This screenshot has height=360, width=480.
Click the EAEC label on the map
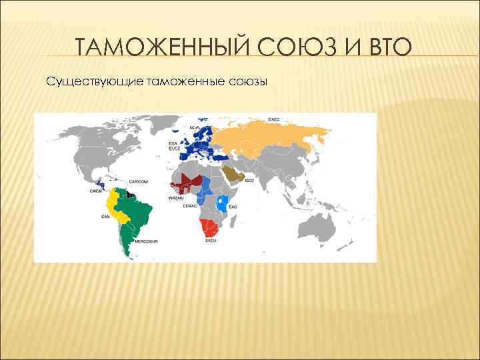pos(273,119)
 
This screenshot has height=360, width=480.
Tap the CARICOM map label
pos(138,181)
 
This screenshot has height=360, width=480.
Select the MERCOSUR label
pos(145,242)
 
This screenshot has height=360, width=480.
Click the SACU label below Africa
pos(211,240)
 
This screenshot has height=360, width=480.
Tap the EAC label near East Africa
pos(233,207)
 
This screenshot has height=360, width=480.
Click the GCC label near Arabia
pos(249,181)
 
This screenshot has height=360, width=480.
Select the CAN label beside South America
pos(105,217)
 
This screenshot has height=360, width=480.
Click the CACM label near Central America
pos(95,191)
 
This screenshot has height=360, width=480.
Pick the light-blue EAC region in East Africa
pos(224,199)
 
